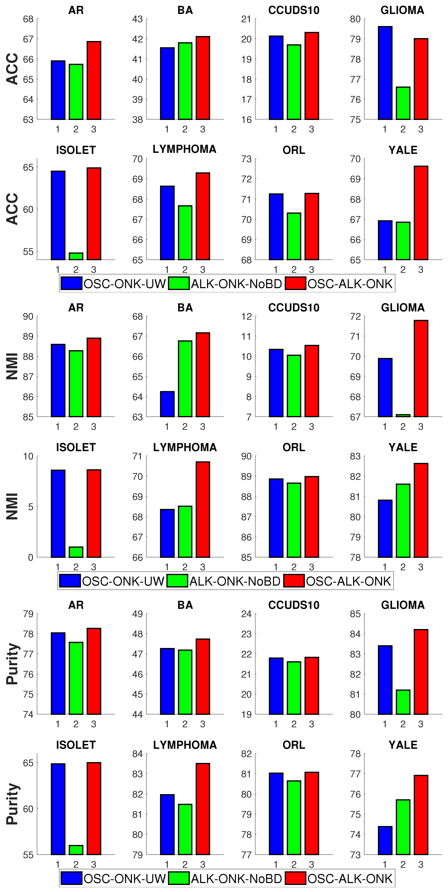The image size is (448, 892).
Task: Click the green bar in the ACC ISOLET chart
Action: pyautogui.click(x=76, y=256)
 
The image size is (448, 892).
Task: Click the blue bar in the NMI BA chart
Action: pyautogui.click(x=167, y=404)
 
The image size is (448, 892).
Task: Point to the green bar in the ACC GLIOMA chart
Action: pyautogui.click(x=403, y=103)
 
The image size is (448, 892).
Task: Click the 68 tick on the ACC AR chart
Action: pyautogui.click(x=28, y=19)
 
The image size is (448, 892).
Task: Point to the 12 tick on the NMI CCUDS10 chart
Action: pyautogui.click(x=246, y=316)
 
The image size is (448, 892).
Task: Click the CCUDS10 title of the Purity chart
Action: pyautogui.click(x=294, y=605)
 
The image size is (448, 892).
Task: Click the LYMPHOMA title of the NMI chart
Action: pyautogui.click(x=185, y=447)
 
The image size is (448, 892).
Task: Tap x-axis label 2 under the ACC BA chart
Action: pyautogui.click(x=185, y=129)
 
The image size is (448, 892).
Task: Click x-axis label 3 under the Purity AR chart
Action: pyautogui.click(x=94, y=724)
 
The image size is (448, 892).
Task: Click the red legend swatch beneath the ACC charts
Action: pyautogui.click(x=295, y=283)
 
